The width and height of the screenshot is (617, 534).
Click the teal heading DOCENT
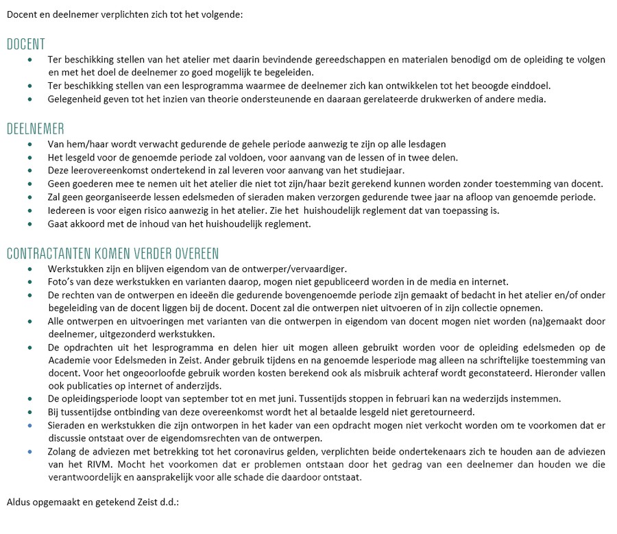coord(26,45)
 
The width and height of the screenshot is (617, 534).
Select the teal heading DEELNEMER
coord(36,130)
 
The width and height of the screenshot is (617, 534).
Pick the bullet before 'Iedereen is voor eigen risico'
coord(30,210)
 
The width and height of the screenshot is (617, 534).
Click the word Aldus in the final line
coord(19,502)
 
